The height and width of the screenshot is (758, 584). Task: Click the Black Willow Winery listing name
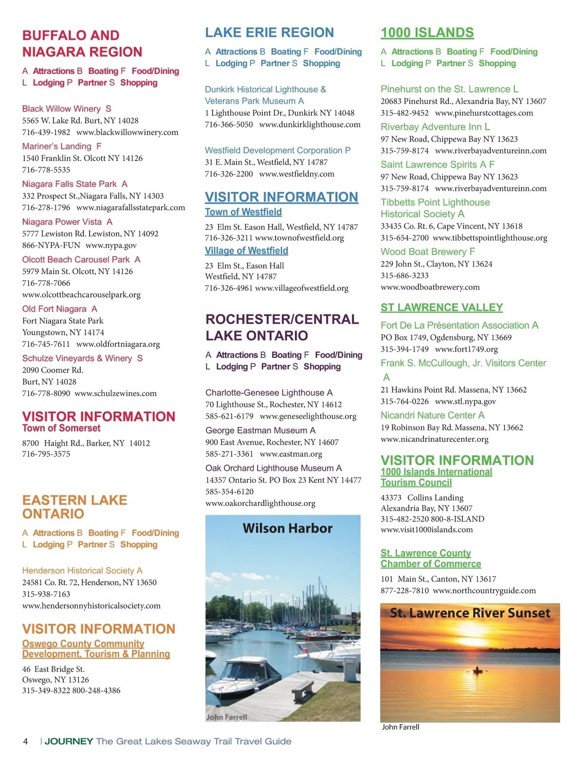(61, 108)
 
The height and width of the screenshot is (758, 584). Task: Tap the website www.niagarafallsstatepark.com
(130, 208)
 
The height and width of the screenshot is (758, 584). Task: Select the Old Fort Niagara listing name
(55, 309)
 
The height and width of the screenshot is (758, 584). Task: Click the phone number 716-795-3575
(46, 454)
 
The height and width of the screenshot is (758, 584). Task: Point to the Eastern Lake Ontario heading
(74, 506)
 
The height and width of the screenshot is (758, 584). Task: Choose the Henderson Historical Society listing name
(78, 571)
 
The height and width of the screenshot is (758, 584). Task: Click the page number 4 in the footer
(25, 741)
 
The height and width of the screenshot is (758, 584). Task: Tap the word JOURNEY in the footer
(69, 741)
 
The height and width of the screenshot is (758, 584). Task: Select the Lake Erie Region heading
(269, 33)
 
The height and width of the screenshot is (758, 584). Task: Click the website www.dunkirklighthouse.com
(310, 125)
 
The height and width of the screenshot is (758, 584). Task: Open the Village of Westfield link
(246, 251)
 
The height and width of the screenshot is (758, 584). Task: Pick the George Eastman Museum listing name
(256, 431)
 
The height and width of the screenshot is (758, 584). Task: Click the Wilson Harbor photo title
(287, 528)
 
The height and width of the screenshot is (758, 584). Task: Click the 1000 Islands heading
(427, 33)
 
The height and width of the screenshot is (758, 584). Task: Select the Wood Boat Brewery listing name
(423, 252)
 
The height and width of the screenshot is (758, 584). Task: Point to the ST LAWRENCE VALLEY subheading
(441, 307)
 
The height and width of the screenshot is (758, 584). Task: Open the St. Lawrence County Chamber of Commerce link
(430, 559)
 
